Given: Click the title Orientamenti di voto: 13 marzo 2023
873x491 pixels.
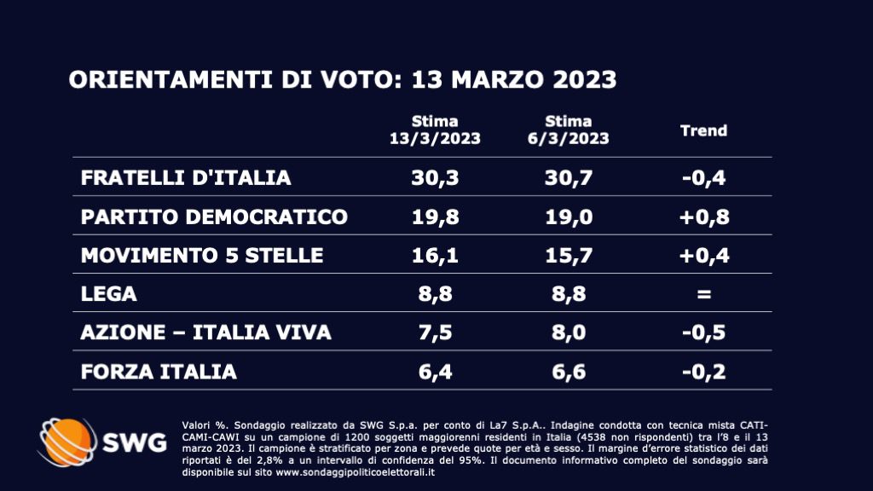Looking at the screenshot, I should [x=343, y=79].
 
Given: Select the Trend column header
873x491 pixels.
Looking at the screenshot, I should [x=703, y=130].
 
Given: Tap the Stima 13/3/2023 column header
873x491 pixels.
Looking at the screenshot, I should [x=435, y=130].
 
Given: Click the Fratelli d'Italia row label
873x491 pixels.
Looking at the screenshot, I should [x=186, y=178].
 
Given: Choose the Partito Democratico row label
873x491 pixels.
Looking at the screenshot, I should [x=214, y=217].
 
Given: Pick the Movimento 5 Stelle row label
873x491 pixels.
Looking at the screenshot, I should [x=202, y=255].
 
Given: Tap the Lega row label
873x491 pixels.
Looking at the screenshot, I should [x=108, y=293].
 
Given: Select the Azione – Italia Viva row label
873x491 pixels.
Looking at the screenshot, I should [x=205, y=332].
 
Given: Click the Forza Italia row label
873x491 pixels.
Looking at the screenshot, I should [x=159, y=372].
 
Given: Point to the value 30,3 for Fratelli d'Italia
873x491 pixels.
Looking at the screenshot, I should [x=435, y=178].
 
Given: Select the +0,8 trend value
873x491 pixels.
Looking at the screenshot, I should [x=703, y=217].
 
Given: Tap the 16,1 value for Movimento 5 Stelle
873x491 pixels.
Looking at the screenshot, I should [x=435, y=255].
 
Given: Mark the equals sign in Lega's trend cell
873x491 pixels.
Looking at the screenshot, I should [x=703, y=294].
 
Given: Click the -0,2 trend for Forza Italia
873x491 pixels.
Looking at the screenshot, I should [x=703, y=372].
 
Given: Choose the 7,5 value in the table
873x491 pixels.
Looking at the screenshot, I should [x=435, y=332].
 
